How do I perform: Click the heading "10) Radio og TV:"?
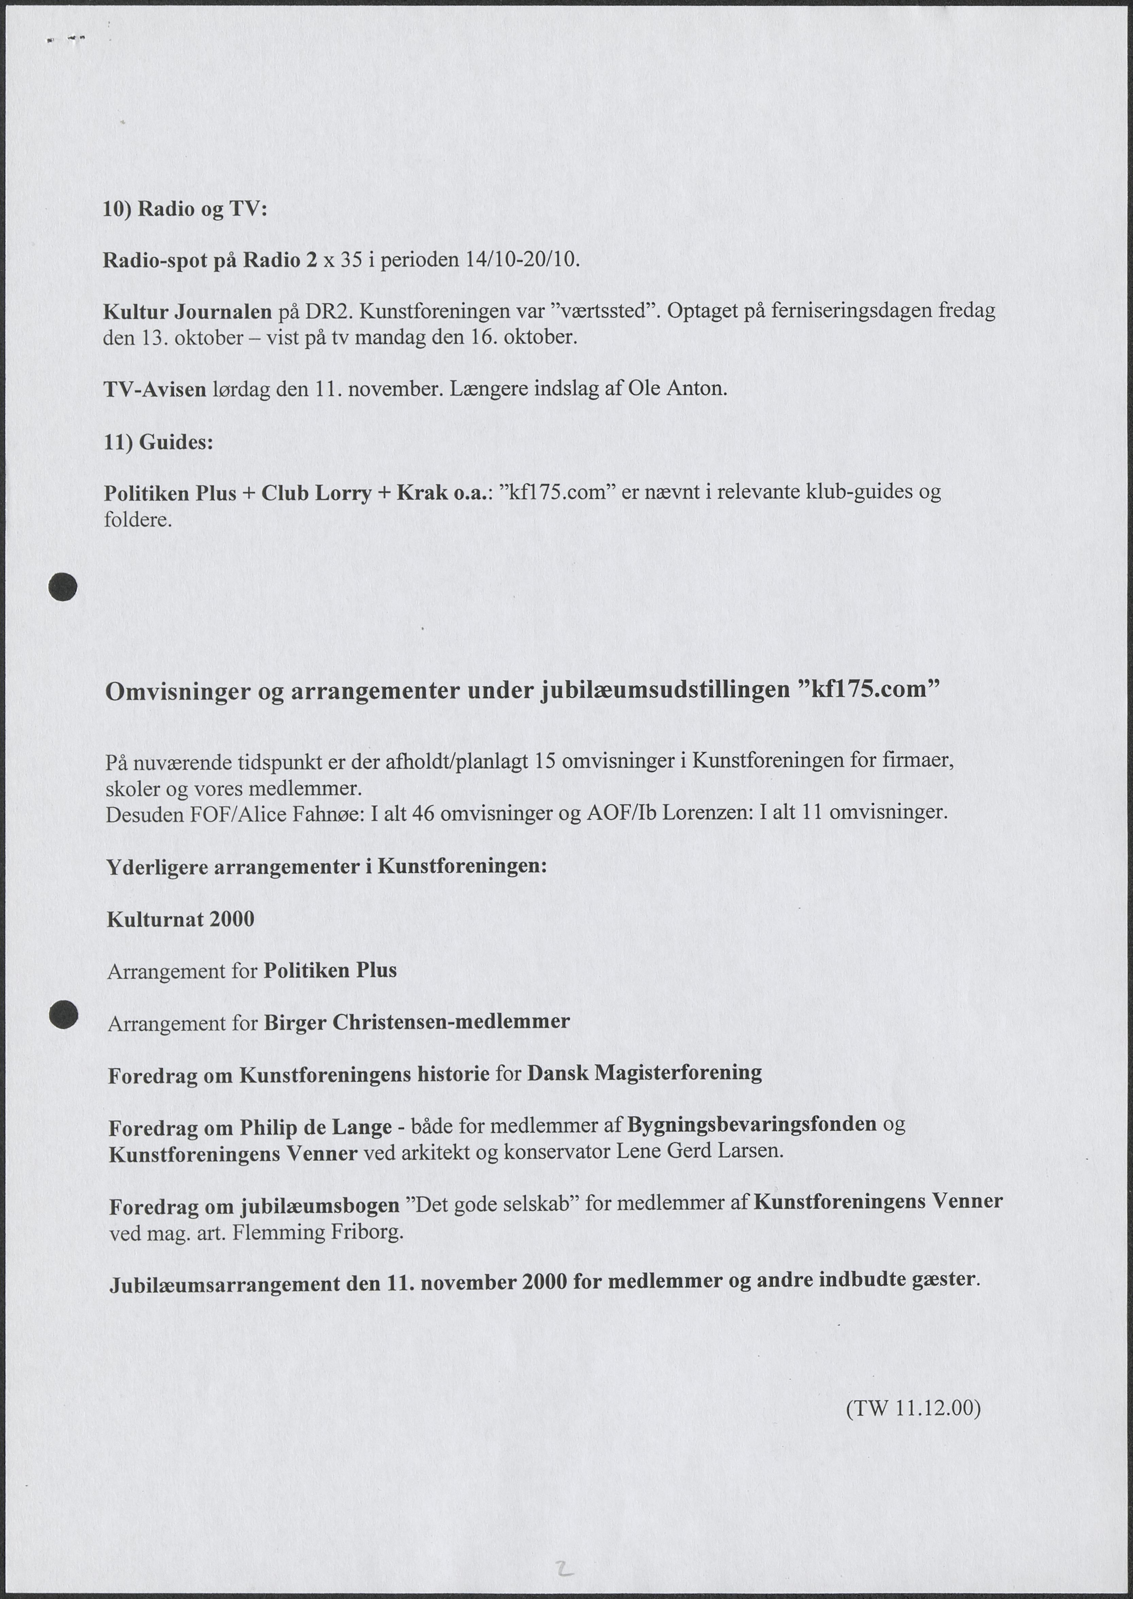(185, 209)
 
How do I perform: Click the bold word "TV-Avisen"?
(155, 389)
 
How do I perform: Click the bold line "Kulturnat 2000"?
(181, 919)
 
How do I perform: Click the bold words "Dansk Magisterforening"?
(644, 1072)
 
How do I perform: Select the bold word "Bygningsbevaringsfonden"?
(752, 1123)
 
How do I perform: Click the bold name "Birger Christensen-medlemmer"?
(417, 1022)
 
